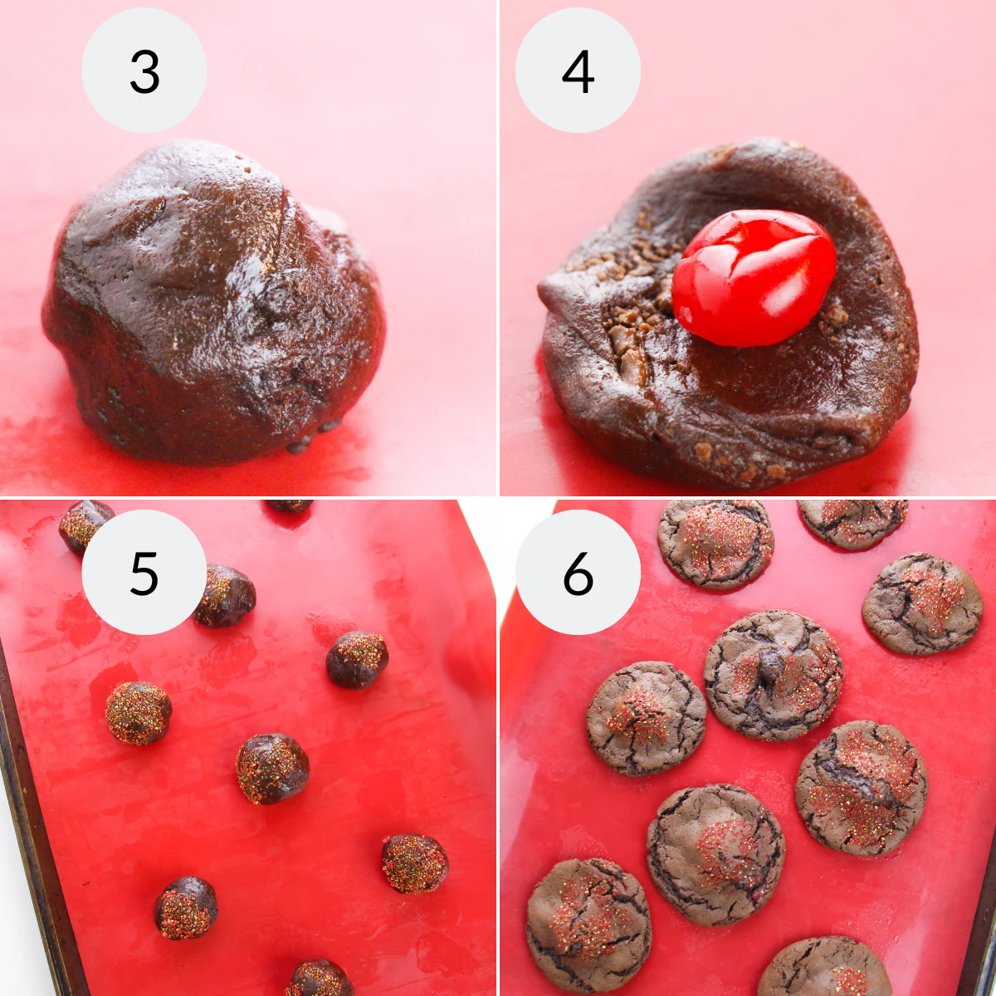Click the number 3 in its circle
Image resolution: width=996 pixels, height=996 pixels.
point(144,72)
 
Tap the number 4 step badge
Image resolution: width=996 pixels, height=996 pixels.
point(578,72)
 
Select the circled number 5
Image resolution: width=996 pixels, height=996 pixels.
point(144,574)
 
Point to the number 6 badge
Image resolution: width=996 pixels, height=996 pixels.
point(578,574)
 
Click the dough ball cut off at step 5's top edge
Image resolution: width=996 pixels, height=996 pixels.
point(288,505)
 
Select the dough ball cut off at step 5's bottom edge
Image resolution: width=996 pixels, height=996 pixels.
point(320,979)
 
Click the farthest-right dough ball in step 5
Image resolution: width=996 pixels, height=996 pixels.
point(414,863)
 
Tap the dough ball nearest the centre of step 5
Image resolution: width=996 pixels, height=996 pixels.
point(272,769)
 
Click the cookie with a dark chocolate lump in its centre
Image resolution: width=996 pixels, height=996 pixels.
point(774,675)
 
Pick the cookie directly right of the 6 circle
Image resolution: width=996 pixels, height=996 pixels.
point(715,543)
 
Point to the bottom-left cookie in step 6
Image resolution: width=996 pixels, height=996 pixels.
point(588,924)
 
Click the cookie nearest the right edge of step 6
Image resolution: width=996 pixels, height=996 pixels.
point(922,603)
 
